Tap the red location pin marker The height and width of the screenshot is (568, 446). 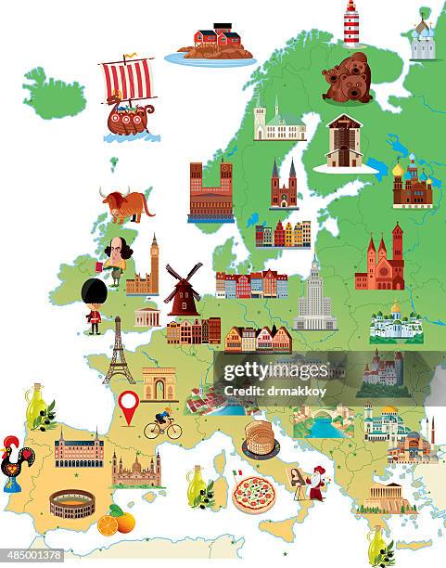128,405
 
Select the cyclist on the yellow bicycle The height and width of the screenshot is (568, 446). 162,426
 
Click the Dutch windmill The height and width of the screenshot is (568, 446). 183,290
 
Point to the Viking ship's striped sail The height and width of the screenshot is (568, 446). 128,80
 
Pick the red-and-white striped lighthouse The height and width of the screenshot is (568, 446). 351,23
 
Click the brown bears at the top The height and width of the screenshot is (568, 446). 348,78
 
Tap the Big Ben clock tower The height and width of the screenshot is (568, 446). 154,265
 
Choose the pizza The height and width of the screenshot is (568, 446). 253,495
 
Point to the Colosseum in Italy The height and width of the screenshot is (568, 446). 261,438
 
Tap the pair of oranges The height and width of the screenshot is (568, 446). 117,523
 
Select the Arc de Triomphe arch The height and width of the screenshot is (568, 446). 159,383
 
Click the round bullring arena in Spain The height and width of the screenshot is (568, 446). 72,504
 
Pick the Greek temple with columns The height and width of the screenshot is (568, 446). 385,497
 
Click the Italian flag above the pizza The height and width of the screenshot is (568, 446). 236,473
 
